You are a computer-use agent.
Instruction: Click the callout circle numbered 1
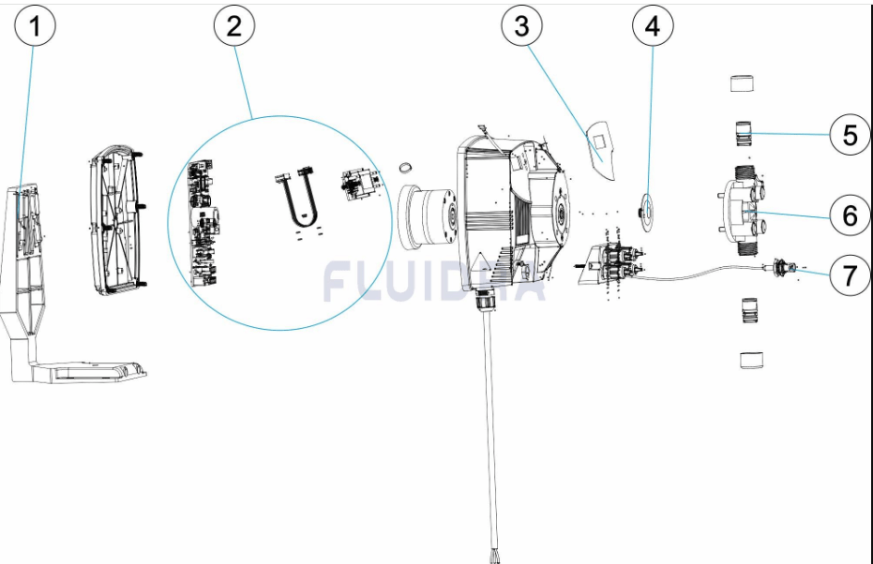click(36, 27)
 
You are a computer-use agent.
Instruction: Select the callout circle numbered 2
click(233, 27)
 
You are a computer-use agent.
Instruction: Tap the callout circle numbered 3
click(521, 27)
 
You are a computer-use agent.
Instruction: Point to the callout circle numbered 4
click(652, 27)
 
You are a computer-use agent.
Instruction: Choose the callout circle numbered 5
click(850, 136)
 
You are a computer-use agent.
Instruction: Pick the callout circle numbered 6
click(850, 216)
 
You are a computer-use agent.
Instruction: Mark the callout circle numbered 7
click(850, 275)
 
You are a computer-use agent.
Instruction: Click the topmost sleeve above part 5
click(744, 83)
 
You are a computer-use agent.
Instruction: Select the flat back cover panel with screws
click(117, 219)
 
